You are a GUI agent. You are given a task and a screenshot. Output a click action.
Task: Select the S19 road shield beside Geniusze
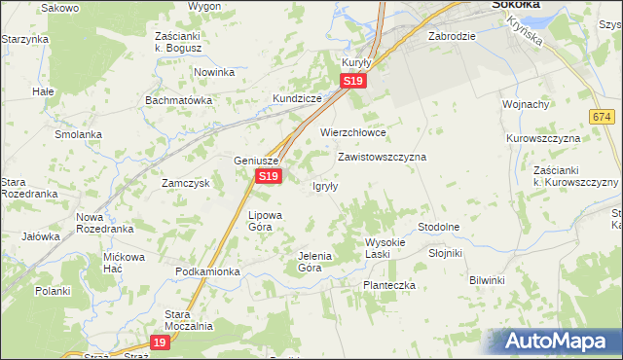point(270,176)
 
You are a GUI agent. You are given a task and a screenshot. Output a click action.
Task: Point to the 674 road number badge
point(601,116)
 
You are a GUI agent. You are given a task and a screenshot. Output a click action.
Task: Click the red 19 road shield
point(162,342)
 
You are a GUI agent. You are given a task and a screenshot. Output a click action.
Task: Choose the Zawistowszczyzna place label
point(382,156)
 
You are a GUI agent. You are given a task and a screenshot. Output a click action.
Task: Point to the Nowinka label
point(214,72)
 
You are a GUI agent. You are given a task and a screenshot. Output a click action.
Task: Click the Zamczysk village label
point(186,183)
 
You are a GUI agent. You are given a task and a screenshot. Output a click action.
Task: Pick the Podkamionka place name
point(207,271)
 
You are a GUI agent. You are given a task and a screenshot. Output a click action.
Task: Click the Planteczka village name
point(389,285)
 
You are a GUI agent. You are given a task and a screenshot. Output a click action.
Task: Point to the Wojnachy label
point(526,104)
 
